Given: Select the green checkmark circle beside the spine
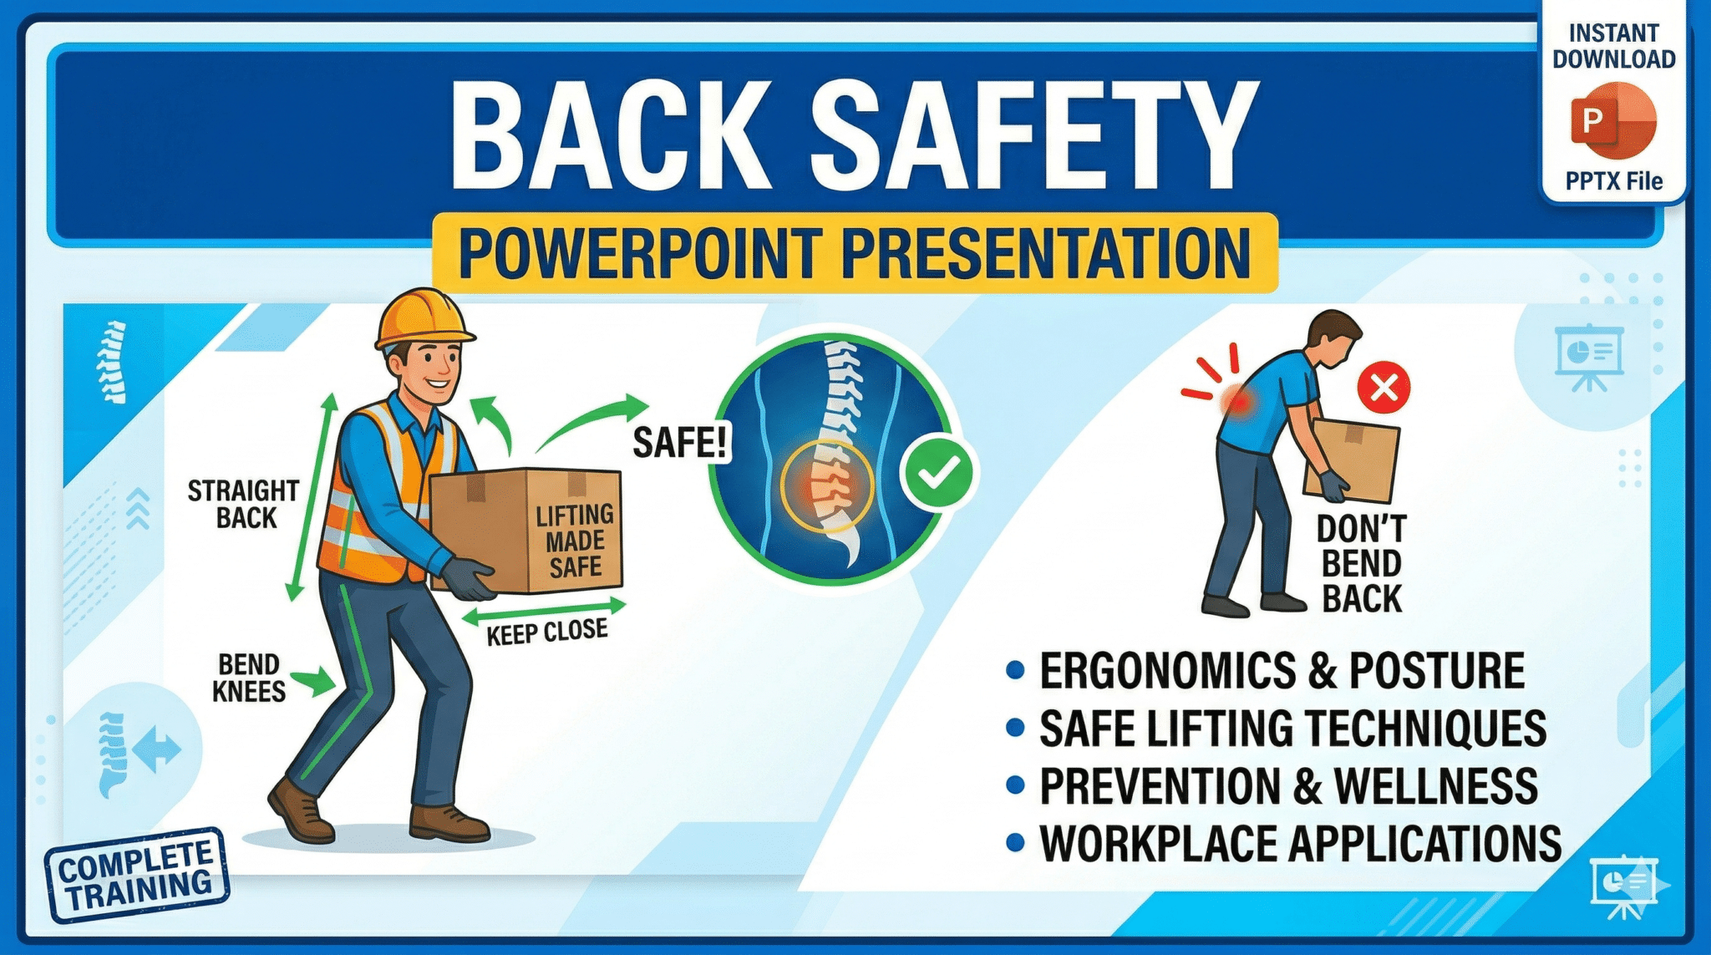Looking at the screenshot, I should tap(938, 473).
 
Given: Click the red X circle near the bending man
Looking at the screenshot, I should tap(1384, 387).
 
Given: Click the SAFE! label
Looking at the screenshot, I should tap(680, 442).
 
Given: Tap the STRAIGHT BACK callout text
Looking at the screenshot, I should tap(243, 504).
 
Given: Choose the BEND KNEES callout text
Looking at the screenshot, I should tap(248, 678).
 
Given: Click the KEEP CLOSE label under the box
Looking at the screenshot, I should tap(546, 632).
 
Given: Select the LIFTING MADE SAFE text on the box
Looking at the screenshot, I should tap(575, 541).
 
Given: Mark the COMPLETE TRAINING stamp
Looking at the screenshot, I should tap(137, 875).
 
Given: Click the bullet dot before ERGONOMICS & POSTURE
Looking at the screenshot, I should tap(1015, 670).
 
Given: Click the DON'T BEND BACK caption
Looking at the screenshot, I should tap(1362, 564).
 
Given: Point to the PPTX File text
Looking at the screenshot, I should tap(1613, 181).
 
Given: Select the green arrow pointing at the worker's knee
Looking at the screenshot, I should tap(316, 680).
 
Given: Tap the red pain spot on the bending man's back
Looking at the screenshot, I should tap(1237, 401).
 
